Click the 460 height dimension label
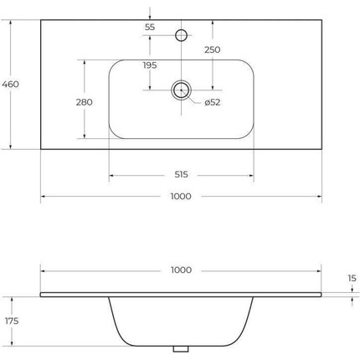pyautogui.click(x=10, y=84)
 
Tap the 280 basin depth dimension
pyautogui.click(x=84, y=102)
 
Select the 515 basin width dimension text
pyautogui.click(x=181, y=175)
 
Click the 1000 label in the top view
pyautogui.click(x=181, y=196)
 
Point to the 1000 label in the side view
pyautogui.click(x=181, y=270)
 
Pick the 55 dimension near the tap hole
pyautogui.click(x=150, y=28)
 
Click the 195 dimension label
pyautogui.click(x=150, y=65)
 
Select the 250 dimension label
pyautogui.click(x=213, y=49)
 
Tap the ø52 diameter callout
pyautogui.click(x=213, y=102)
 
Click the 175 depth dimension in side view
pyautogui.click(x=12, y=321)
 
